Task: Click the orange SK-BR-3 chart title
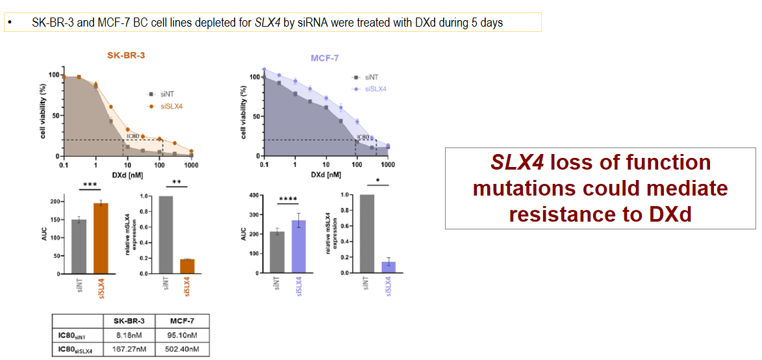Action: tap(126, 55)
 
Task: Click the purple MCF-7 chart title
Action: tap(323, 59)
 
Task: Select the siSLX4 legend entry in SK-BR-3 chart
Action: tap(168, 105)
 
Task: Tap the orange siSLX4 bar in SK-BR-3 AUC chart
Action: tap(101, 238)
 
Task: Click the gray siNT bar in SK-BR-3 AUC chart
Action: tap(79, 247)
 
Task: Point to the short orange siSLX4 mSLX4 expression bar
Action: tap(188, 266)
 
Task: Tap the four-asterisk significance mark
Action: tap(287, 199)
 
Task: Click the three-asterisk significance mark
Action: tap(90, 185)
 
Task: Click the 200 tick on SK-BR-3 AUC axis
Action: tap(61, 202)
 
